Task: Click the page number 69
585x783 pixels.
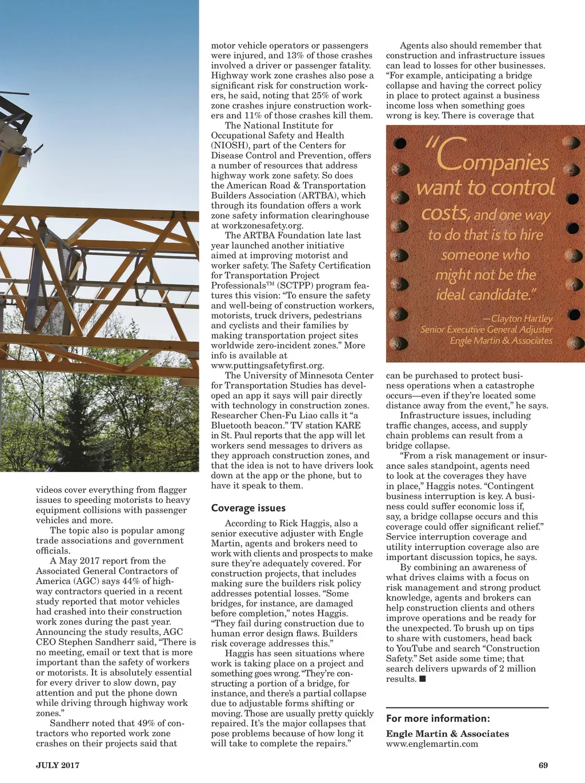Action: pos(543,765)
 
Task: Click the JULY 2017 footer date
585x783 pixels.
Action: pos(58,765)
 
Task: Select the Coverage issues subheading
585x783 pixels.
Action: pos(248,508)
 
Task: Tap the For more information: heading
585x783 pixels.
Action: pos(438,718)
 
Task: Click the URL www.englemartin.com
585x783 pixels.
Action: pos(432,744)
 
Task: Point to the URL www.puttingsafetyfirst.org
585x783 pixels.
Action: pos(267,365)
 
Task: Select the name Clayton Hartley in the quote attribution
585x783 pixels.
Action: pos(522,318)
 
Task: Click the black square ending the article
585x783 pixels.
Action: pos(423,679)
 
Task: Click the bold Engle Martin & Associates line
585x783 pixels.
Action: pos(447,733)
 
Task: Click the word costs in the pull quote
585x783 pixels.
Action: pos(444,213)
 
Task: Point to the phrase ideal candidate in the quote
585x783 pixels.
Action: pos(483,295)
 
